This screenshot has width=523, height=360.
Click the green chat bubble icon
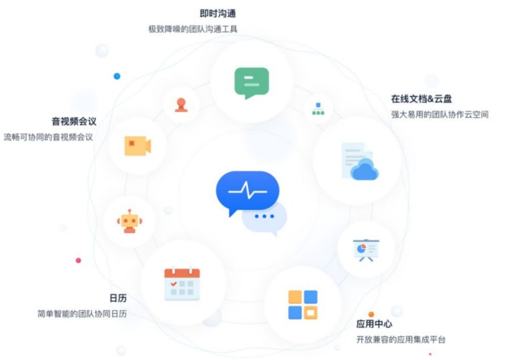point(252,82)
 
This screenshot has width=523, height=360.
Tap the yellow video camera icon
point(138,146)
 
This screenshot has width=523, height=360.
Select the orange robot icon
point(130,221)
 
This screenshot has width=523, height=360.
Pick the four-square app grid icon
point(303,305)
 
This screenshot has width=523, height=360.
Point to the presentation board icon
point(366,250)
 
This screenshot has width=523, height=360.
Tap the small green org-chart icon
point(318,109)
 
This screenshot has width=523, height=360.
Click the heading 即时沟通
point(217,14)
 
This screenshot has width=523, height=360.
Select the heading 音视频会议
point(74,121)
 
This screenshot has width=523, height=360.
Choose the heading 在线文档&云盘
point(421,99)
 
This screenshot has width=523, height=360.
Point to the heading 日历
point(118,298)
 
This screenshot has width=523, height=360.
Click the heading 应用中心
point(374,324)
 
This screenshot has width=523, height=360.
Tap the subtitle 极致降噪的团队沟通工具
point(193,29)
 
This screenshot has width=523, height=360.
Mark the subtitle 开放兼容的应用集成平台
point(401,340)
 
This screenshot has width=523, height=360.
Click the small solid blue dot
point(117,76)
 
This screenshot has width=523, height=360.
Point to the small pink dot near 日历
point(78,260)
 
